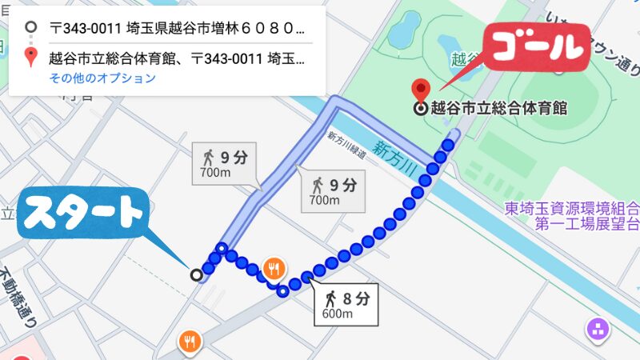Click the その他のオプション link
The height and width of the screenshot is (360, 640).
[x=102, y=78]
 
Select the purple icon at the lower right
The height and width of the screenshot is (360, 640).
[x=597, y=327]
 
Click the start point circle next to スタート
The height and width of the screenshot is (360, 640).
[x=196, y=275]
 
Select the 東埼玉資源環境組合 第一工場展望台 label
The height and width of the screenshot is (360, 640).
[x=571, y=216]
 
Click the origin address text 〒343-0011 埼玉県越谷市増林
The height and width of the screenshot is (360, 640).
[x=176, y=29]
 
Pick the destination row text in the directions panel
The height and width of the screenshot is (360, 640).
[x=176, y=58]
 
